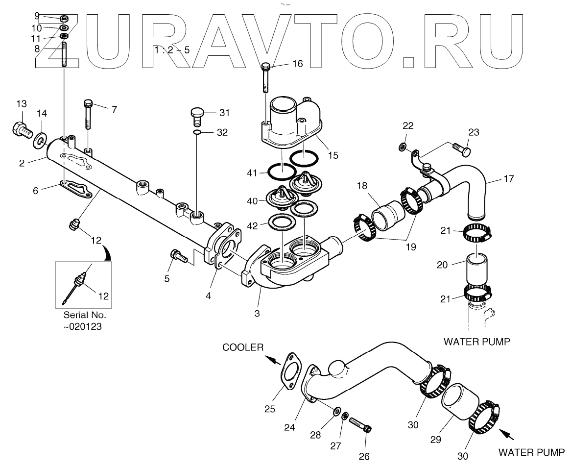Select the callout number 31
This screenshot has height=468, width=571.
(x=225, y=113)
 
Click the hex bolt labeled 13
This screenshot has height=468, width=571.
(x=20, y=129)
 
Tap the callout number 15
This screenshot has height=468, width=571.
(x=333, y=156)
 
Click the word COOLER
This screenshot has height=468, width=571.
(x=243, y=347)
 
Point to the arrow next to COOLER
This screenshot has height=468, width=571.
(x=277, y=361)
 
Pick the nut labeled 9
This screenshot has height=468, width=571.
(x=64, y=19)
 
